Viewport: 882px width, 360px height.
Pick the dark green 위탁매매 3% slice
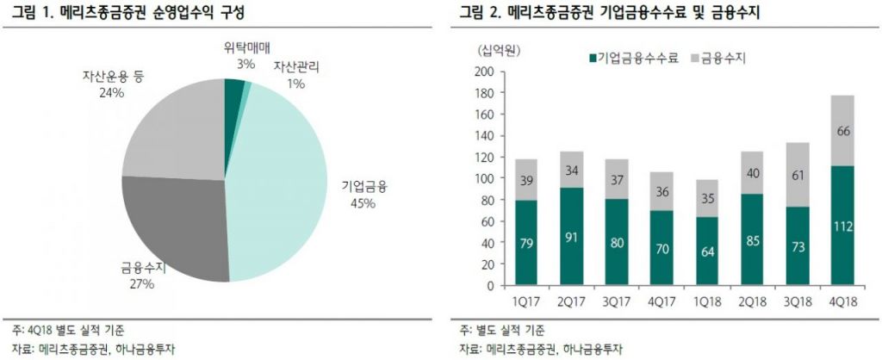(x=233, y=90)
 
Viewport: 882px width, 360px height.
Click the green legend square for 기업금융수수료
(x=592, y=59)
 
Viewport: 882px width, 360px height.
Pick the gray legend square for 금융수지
(x=695, y=59)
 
